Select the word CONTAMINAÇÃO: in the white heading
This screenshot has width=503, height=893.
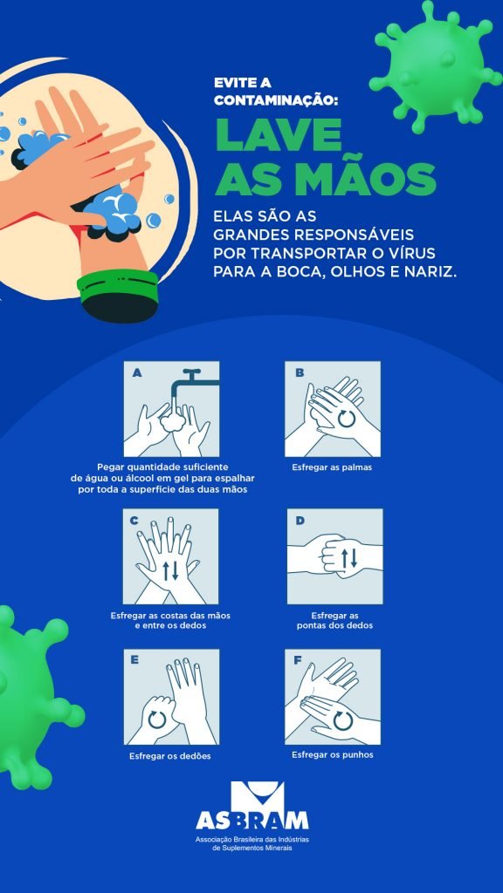point(276,100)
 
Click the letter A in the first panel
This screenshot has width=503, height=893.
point(137,373)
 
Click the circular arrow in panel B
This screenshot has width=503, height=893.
point(346,419)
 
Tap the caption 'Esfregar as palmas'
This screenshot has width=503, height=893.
point(332,468)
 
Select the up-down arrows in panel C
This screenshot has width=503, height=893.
point(170,570)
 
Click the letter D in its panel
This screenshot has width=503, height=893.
point(300,521)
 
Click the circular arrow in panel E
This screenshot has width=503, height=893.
point(157,719)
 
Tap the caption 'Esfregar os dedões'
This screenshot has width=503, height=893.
point(170,756)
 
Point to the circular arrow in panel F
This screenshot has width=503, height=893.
point(343,720)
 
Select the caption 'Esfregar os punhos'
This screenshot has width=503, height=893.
point(333,754)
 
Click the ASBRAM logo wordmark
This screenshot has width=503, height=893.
point(252,820)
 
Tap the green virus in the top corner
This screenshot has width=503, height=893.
point(436,66)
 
